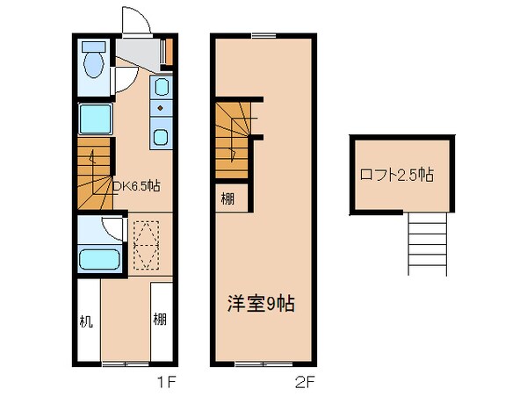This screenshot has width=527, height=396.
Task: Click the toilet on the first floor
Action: (92, 62)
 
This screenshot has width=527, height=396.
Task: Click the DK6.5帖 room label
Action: (135, 186)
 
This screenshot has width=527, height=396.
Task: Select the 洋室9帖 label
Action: (256, 304)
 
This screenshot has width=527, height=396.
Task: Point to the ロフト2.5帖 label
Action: (395, 175)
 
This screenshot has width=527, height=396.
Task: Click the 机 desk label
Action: (86, 320)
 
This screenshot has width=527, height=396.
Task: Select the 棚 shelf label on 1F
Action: (160, 320)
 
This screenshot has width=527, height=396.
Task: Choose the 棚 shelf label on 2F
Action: (227, 198)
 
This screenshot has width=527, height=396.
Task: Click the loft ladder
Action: (429, 244)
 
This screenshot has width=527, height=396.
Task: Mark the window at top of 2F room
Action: (263, 36)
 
